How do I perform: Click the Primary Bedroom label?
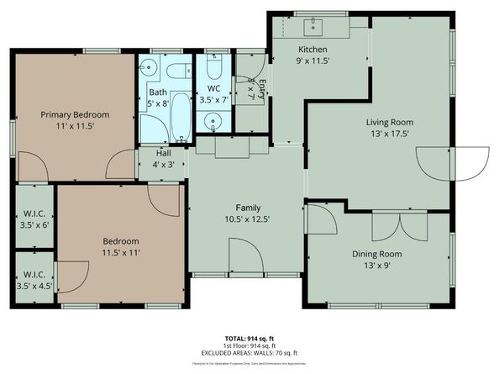[x=76, y=114]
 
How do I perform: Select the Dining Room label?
[x=376, y=254]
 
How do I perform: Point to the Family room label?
[x=248, y=208]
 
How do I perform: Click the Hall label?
[x=162, y=153]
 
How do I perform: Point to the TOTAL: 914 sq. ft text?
[x=249, y=335]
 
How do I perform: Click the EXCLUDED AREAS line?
[x=249, y=353]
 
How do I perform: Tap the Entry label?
[x=261, y=87]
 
